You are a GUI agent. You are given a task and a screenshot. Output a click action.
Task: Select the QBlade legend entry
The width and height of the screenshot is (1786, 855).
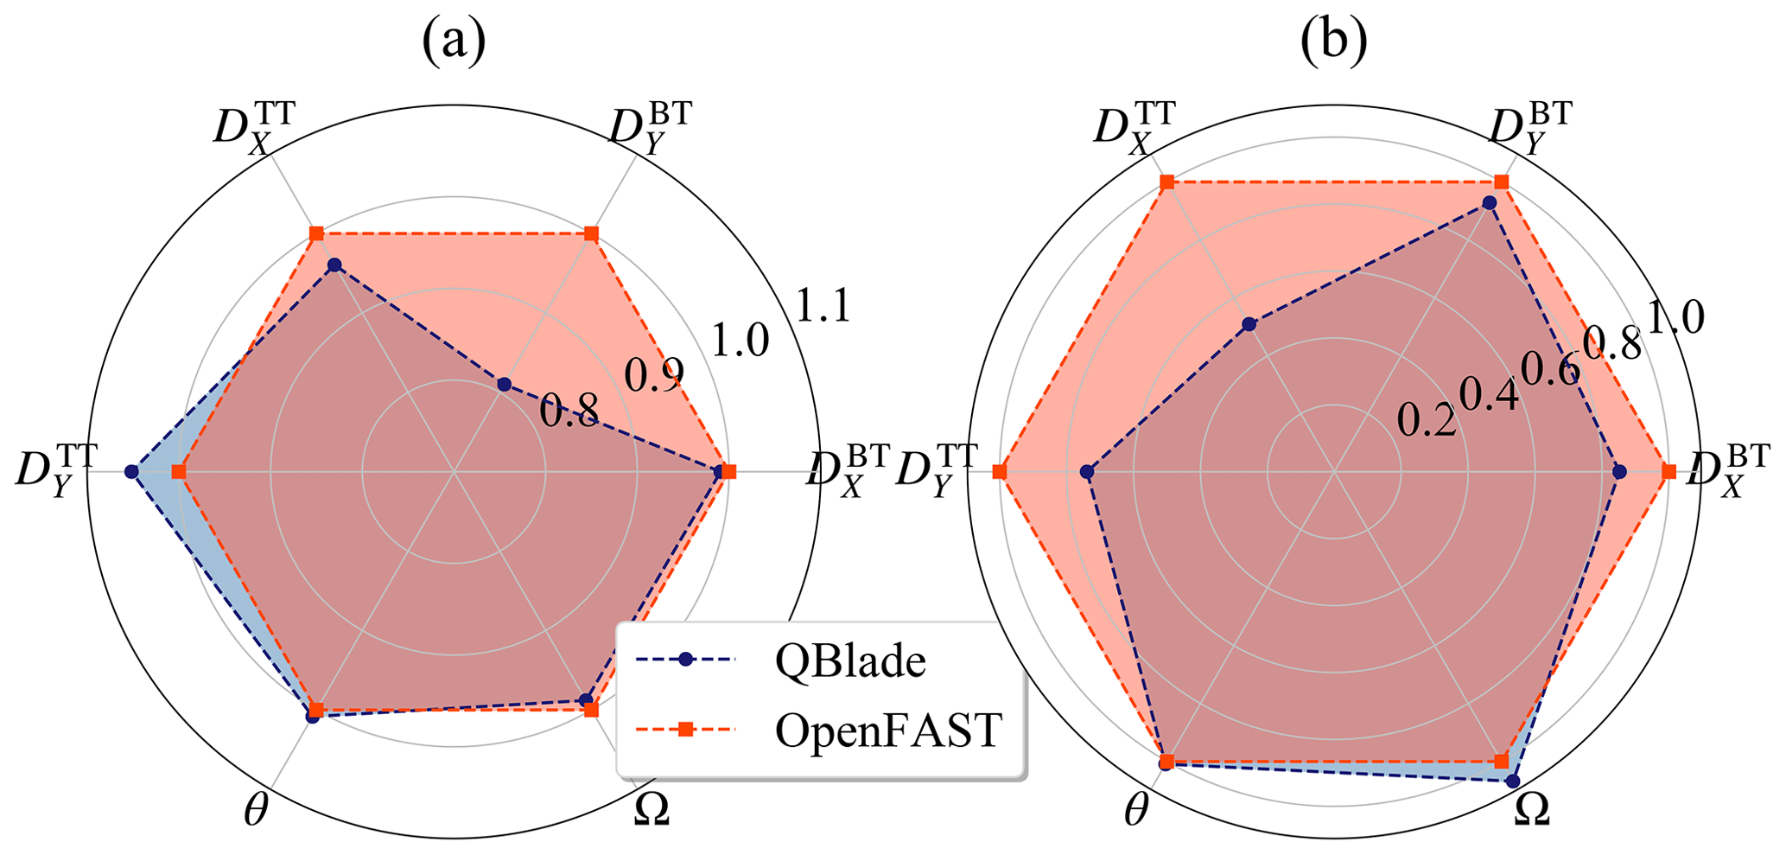point(849,660)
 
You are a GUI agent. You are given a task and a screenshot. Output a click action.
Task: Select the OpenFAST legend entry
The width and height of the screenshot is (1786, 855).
point(888,731)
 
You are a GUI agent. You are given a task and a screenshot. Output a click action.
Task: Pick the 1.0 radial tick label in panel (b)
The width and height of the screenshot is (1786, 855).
point(1675,318)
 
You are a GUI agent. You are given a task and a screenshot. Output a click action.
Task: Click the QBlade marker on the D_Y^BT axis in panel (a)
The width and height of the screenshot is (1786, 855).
point(504,384)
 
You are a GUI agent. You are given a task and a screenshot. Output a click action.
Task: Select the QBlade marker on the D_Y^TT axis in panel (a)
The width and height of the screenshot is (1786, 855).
point(131,471)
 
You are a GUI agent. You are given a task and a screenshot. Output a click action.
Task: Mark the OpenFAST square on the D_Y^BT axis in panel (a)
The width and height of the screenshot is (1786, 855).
point(591,233)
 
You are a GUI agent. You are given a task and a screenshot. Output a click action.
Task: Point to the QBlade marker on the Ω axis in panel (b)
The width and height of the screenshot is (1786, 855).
point(1512,781)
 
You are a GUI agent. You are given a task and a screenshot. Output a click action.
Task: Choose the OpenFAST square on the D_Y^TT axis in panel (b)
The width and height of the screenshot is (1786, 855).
point(1000,471)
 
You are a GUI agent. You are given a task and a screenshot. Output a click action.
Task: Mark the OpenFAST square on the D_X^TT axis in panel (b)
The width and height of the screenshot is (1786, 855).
point(1166,182)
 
